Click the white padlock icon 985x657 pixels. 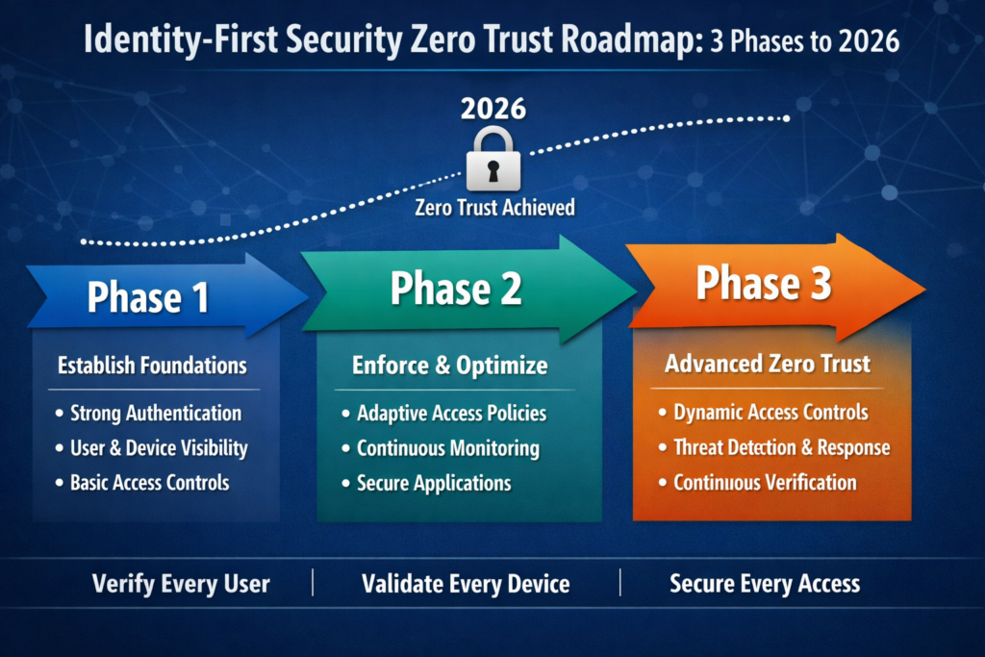(x=493, y=161)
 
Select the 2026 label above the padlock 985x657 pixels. (x=493, y=108)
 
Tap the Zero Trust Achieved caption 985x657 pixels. (x=494, y=207)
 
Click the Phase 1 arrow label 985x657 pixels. (x=148, y=297)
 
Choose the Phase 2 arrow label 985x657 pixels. (x=456, y=288)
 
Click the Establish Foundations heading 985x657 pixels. (x=152, y=366)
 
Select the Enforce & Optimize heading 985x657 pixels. (x=450, y=366)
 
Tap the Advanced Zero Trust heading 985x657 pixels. (x=767, y=364)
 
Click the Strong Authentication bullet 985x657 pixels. (x=155, y=414)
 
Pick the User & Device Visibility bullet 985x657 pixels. (x=159, y=448)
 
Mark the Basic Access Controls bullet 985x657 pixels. (x=149, y=483)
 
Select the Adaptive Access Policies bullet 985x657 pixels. (x=451, y=414)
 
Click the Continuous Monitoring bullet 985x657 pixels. (x=447, y=448)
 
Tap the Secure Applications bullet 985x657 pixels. (x=433, y=483)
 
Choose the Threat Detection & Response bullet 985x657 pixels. (x=781, y=447)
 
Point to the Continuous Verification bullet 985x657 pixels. (x=765, y=482)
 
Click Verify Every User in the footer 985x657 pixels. (x=181, y=584)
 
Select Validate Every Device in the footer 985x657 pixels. (x=466, y=584)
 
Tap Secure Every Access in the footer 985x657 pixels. (x=765, y=583)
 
